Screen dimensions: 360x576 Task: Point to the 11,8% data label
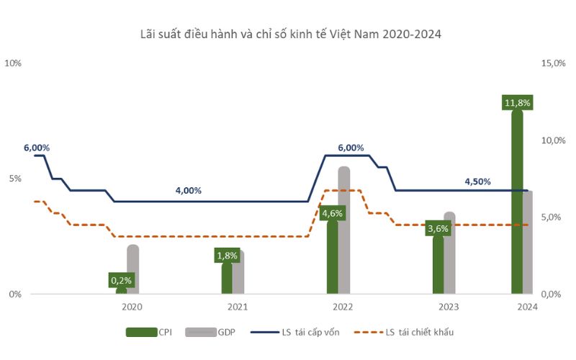point(517,103)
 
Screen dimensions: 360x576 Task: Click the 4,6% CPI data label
point(332,213)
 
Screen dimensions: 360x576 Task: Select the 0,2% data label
point(122,279)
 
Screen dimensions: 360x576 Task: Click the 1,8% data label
point(227,255)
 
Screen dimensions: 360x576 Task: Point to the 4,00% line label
point(189,191)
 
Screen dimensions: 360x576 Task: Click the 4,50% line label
point(477,181)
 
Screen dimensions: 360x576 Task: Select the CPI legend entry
point(147,332)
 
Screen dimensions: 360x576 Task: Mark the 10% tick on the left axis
point(14,63)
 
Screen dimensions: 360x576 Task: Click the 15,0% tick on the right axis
point(552,63)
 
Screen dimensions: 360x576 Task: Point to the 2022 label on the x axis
point(343,307)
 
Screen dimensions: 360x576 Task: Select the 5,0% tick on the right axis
point(550,217)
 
